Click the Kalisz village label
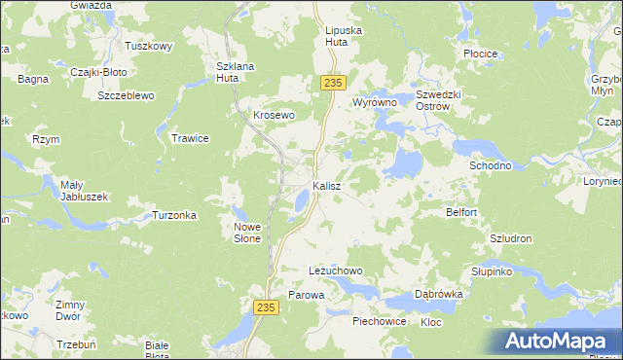pyautogui.click(x=326, y=185)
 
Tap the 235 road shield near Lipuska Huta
pyautogui.click(x=331, y=85)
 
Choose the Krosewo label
pyautogui.click(x=274, y=114)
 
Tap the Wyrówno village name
pyautogui.click(x=375, y=102)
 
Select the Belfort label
pyautogui.click(x=461, y=211)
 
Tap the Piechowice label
pyautogui.click(x=380, y=320)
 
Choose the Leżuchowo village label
pyautogui.click(x=335, y=270)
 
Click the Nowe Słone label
pyautogui.click(x=248, y=233)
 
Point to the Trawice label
pyautogui.click(x=191, y=138)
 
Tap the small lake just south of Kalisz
pyautogui.click(x=301, y=201)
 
